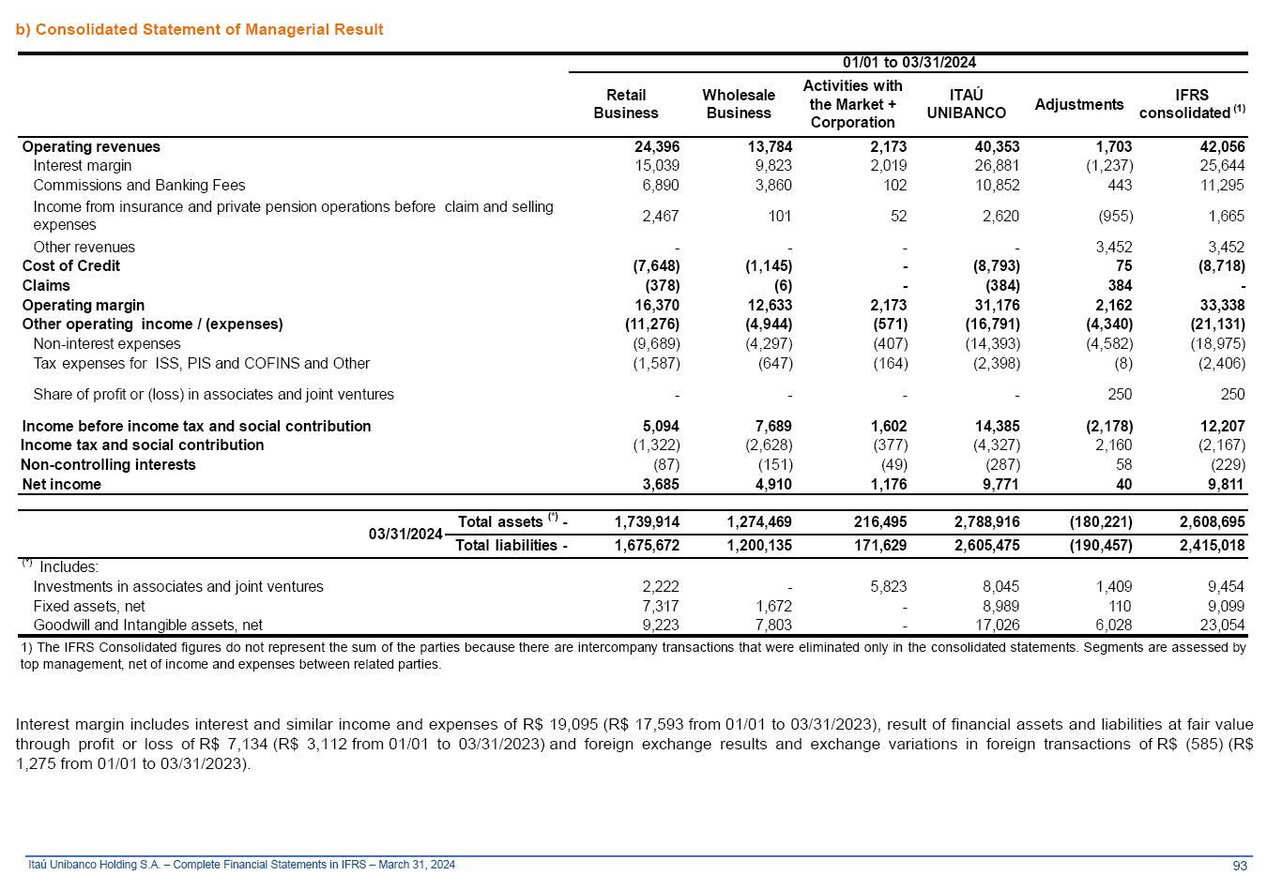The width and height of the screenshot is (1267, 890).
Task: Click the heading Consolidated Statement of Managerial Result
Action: tap(200, 29)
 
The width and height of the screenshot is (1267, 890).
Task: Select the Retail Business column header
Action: tap(626, 104)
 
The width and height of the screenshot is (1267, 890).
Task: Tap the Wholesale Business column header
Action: tap(739, 104)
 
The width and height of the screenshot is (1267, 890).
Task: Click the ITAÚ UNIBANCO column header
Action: tap(966, 104)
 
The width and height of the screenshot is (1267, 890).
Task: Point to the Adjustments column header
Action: tap(1078, 104)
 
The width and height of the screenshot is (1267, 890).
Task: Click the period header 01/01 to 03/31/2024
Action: tap(908, 63)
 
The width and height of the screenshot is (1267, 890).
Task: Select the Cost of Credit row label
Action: tap(71, 266)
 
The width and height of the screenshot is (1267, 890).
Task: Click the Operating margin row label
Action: tap(84, 305)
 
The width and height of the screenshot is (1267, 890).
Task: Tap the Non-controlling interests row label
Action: tap(108, 465)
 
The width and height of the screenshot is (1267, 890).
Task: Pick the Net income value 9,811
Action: tap(1227, 485)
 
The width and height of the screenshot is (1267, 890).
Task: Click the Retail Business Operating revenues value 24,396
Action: tap(657, 147)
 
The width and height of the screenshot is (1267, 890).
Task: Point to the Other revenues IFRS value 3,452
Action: tap(1227, 248)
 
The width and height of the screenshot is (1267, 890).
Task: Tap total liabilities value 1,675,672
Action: tap(647, 546)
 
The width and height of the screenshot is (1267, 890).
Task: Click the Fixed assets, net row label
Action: tap(89, 607)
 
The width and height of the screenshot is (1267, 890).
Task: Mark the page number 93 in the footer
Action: tap(1240, 865)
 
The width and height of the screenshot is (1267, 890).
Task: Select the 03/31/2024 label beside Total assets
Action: tap(405, 534)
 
